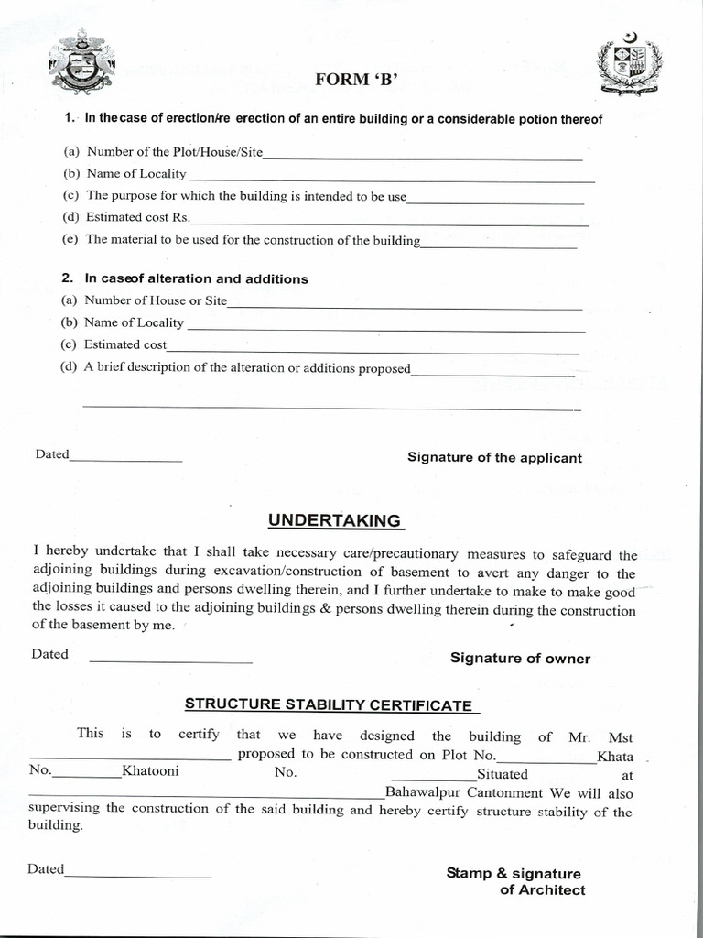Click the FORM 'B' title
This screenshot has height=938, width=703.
357,80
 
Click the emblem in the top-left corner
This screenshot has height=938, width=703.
81,65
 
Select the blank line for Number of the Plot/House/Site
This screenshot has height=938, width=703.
422,158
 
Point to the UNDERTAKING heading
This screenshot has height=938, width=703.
334,520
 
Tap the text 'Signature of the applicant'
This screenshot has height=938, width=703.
494,458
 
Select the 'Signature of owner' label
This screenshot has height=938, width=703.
520,659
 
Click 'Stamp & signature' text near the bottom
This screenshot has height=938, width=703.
514,873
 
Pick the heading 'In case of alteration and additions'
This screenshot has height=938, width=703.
196,278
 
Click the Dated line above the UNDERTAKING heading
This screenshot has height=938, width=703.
126,459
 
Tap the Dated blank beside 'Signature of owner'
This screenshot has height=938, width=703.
170,660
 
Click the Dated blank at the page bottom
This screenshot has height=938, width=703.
138,877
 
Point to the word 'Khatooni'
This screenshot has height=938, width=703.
150,771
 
